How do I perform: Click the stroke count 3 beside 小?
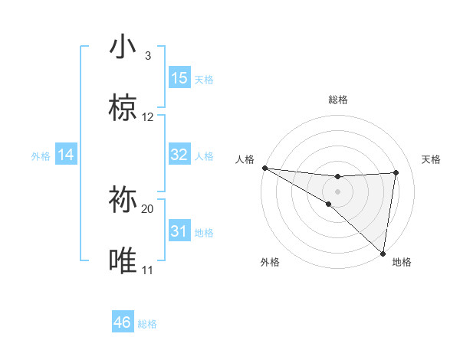pos(148,56)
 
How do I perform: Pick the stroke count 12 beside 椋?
pos(148,117)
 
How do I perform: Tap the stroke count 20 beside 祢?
pos(148,208)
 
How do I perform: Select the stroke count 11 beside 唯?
pos(148,270)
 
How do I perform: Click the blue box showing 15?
pos(179,78)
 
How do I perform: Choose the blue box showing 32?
pos(179,155)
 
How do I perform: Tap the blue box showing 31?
pos(179,231)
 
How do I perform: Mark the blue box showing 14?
pos(66,155)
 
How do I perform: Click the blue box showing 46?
pos(123,322)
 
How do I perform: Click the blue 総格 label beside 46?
pos(147,324)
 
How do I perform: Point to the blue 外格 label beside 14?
pos(41,156)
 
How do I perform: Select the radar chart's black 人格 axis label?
pos(244,159)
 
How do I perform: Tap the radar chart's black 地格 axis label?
pos(402,263)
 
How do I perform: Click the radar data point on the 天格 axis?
pos(396,172)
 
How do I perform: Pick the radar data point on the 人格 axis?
pos(264,168)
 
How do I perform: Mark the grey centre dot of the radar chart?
pos(337,191)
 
